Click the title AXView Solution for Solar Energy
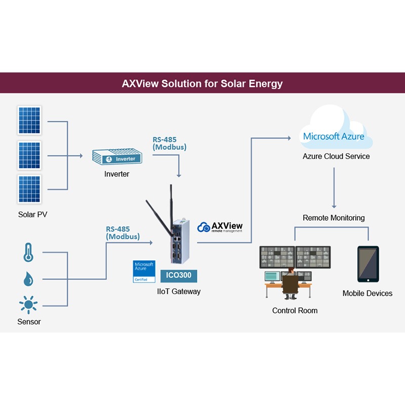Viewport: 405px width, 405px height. point(202,84)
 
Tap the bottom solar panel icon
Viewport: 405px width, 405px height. point(30,189)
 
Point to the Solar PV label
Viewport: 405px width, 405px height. point(32,214)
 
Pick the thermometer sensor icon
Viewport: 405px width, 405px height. point(28,252)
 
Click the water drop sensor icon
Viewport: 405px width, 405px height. point(28,279)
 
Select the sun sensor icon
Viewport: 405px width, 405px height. point(28,305)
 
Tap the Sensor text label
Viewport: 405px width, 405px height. point(29,321)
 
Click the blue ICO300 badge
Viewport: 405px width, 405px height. point(179,276)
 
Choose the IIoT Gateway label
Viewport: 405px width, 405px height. point(179,291)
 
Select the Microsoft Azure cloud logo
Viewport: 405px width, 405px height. point(334,136)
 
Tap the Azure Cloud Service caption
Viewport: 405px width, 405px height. point(336,156)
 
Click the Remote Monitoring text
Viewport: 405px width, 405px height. point(334,218)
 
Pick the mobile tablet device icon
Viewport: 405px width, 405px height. point(368,264)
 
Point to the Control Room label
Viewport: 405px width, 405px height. point(295,310)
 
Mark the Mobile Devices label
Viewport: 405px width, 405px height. point(367,293)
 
